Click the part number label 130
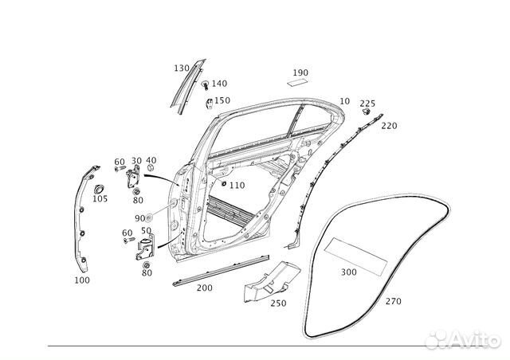tap(182, 68)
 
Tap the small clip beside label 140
tap(205, 84)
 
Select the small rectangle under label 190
tap(297, 82)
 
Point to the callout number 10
tap(344, 101)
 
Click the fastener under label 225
tap(367, 112)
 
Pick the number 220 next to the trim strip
tap(389, 126)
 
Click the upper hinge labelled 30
tap(133, 176)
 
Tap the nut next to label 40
tap(151, 168)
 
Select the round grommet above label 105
tap(99, 189)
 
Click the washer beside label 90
tap(149, 217)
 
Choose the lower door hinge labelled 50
tap(145, 248)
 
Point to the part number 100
tap(82, 280)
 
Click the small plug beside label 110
tap(224, 183)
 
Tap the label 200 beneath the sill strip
tap(205, 288)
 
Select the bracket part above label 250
tap(272, 281)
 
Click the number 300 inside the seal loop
tap(349, 272)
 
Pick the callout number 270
tap(393, 302)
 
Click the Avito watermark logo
tap(463, 340)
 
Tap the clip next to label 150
tap(210, 103)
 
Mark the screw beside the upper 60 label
tap(120, 169)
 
